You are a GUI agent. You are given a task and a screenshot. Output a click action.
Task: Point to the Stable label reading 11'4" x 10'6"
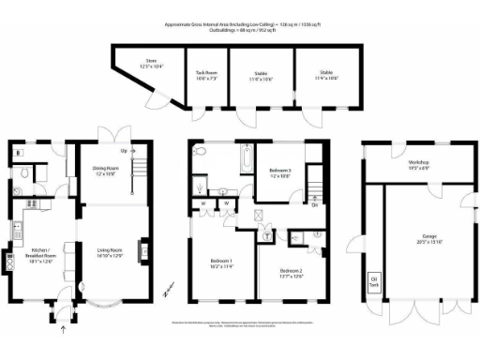[325, 74]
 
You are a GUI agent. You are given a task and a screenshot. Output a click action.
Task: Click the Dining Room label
[105, 171]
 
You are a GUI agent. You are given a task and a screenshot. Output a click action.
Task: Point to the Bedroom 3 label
[277, 172]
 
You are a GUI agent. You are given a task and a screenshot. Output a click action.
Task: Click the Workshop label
[405, 165]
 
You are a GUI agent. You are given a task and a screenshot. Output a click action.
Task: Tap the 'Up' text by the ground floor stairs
[123, 149]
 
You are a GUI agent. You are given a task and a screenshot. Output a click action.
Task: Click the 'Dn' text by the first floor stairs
[315, 207]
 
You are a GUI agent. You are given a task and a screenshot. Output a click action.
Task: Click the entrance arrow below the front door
[64, 327]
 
